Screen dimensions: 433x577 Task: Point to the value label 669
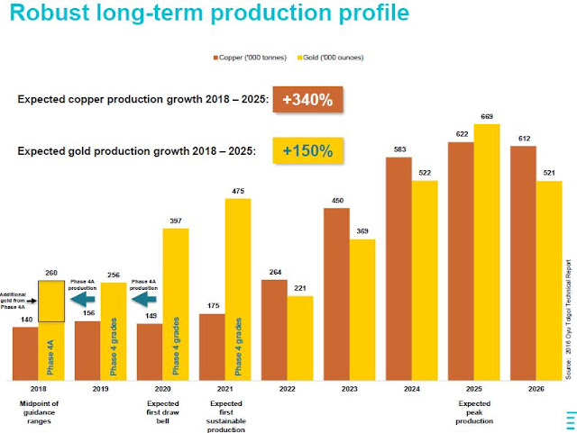487,117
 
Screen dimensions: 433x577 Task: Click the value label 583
398,150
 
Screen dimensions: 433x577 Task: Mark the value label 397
176,221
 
